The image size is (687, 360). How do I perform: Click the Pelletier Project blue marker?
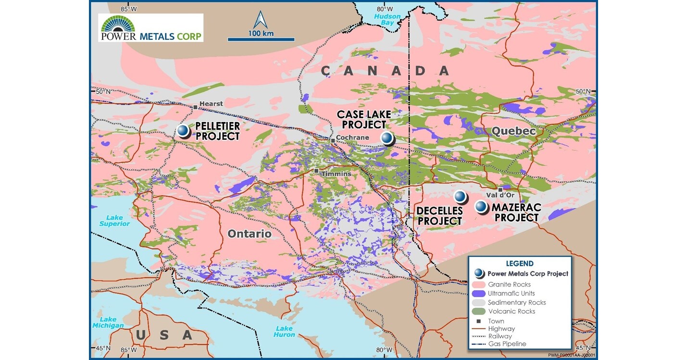click(x=183, y=130)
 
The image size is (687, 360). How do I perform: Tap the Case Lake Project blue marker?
click(x=387, y=138)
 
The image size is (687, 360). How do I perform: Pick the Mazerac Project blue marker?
click(x=480, y=206)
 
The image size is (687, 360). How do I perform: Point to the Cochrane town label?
click(x=353, y=137)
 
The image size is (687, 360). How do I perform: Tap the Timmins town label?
click(x=337, y=174)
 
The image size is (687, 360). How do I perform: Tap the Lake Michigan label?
click(x=109, y=322)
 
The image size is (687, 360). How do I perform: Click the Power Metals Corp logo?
click(x=150, y=27)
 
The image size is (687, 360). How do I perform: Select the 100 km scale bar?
click(x=261, y=38)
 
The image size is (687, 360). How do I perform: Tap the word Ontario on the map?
click(x=250, y=234)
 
